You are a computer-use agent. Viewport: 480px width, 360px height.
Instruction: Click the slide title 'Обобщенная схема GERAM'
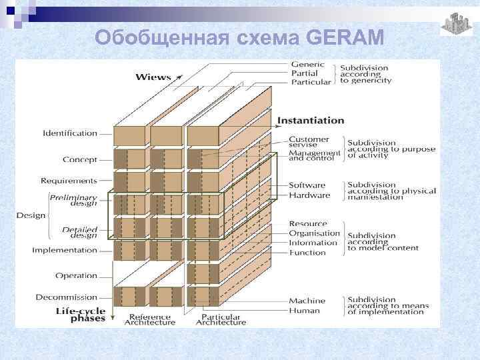(x=239, y=37)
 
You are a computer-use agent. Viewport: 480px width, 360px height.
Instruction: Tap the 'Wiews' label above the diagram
(x=153, y=77)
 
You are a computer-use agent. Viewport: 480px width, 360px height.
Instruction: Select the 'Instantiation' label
(x=311, y=121)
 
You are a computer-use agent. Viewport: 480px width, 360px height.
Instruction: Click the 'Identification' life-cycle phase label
(x=70, y=133)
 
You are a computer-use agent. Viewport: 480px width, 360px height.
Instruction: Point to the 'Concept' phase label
(x=80, y=160)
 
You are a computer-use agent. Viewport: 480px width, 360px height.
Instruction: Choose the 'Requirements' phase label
(x=69, y=181)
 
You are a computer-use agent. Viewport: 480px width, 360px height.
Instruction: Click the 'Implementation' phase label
(x=65, y=251)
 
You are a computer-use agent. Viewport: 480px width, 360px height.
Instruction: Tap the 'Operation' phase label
(x=76, y=276)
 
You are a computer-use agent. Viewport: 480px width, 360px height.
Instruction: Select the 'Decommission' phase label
(x=67, y=297)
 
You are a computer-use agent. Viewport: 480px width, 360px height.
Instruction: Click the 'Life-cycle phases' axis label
(x=79, y=315)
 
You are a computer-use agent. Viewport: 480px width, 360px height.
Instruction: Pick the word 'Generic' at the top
(x=307, y=65)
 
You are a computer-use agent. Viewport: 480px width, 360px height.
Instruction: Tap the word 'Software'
(x=307, y=185)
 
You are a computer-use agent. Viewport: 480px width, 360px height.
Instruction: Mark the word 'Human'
(x=304, y=311)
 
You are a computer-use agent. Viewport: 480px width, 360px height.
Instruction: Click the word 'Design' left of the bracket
(x=31, y=215)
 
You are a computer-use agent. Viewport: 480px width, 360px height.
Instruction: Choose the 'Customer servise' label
(x=309, y=143)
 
